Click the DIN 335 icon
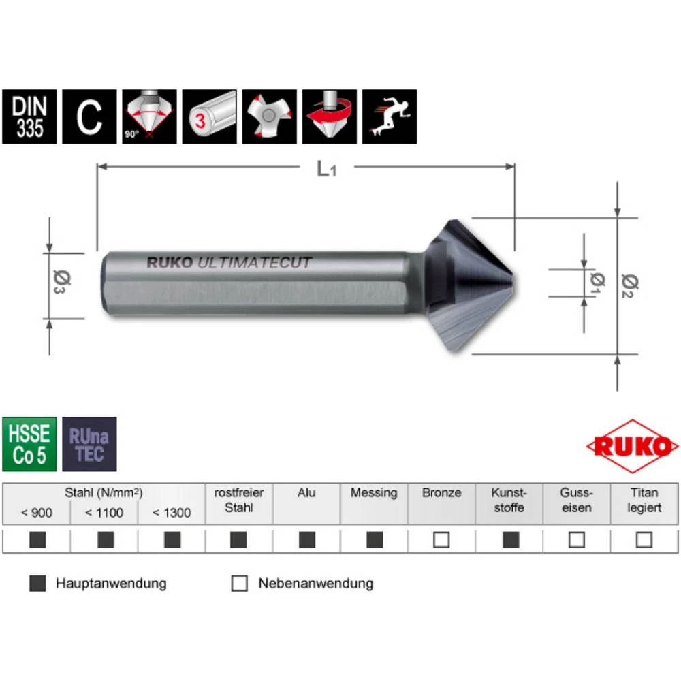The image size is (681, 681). tap(29, 116)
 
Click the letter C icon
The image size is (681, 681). tap(89, 116)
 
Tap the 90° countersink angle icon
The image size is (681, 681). tap(149, 116)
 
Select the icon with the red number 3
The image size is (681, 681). tap(209, 116)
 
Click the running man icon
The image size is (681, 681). tap(389, 116)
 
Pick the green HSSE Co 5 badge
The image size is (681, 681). tap(29, 444)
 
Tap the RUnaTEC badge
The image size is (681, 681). tap(89, 444)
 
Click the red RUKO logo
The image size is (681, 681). tap(632, 447)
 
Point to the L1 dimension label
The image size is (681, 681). tap(327, 169)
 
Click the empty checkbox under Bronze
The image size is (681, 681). tap(441, 540)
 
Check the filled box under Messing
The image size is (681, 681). tap(374, 540)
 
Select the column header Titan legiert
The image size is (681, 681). tap(644, 501)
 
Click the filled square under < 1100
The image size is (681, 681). tap(105, 540)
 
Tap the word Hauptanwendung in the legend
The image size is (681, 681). tap(111, 584)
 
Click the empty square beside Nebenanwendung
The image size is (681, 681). tap(239, 584)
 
